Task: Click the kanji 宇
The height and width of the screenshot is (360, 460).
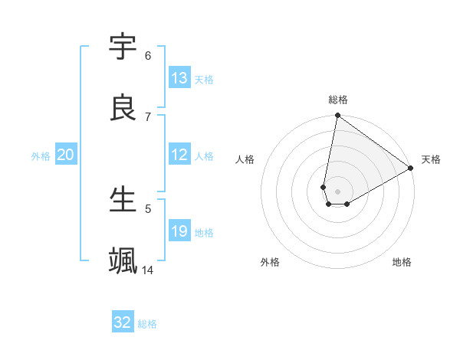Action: point(123,48)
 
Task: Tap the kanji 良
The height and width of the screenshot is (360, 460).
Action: point(123,109)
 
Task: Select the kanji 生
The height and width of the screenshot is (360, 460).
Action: point(123,200)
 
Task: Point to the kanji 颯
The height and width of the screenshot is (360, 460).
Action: point(123,261)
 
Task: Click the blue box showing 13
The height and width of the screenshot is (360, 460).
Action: point(179,78)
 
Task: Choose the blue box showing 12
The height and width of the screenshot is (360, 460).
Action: point(179,155)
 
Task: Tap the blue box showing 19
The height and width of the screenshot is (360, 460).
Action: point(179,231)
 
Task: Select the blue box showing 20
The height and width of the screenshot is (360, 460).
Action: point(66,155)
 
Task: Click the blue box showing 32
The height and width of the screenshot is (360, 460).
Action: point(123,322)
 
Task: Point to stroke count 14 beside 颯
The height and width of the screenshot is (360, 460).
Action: point(148,270)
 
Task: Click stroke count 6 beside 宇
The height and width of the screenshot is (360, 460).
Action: point(148,55)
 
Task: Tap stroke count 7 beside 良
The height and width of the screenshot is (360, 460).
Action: point(148,116)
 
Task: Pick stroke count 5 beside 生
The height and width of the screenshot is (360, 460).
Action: point(148,208)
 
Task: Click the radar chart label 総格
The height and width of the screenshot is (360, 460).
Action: point(338,100)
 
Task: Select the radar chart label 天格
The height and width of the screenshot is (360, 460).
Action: point(431,159)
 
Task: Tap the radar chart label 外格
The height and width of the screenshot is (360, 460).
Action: point(270,262)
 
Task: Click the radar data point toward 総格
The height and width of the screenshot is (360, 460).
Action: point(337,116)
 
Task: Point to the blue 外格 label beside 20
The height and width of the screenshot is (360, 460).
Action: point(41,155)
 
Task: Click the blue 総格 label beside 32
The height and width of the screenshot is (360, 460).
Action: point(147,323)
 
